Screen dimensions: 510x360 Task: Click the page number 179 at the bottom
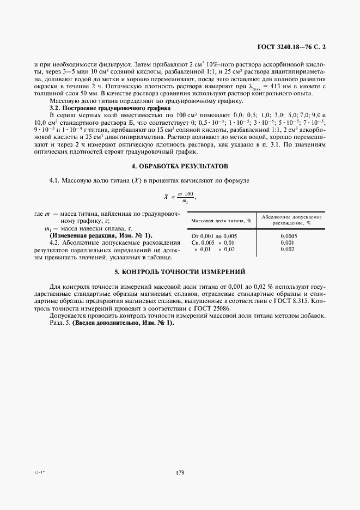[x=180, y=472]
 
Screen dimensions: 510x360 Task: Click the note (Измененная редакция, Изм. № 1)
[x=101, y=235]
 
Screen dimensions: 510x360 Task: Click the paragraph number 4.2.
[x=56, y=242]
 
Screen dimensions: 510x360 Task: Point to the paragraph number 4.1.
[x=56, y=179]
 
